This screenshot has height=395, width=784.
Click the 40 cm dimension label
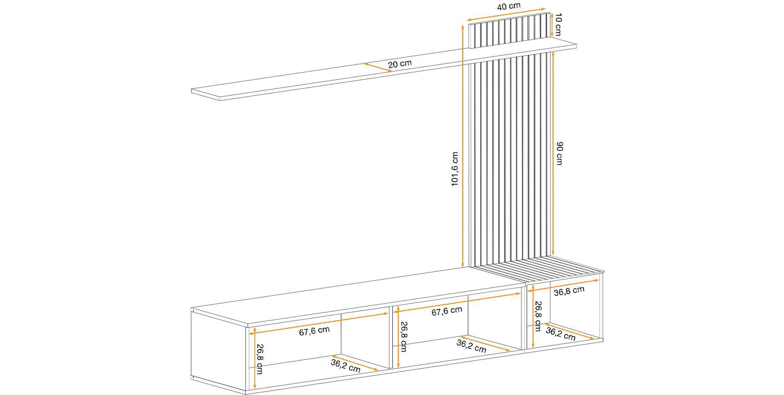click(x=509, y=6)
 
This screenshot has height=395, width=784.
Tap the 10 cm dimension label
click(x=558, y=24)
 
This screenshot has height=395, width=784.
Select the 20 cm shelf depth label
click(x=400, y=64)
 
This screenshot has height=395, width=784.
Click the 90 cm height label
click(x=559, y=154)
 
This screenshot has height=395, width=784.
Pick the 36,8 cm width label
click(x=569, y=291)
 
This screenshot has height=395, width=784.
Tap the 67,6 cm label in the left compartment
click(x=314, y=331)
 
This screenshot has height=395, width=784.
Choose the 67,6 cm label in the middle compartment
click(x=447, y=311)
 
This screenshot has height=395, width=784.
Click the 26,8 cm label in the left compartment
click(x=260, y=359)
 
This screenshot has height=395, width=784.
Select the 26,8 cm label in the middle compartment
click(x=403, y=336)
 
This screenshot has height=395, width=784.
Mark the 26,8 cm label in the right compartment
click(x=538, y=316)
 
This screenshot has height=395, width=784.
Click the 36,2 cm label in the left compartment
click(x=346, y=366)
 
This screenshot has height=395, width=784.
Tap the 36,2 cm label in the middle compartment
click(x=471, y=346)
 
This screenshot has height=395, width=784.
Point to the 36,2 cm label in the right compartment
click(x=561, y=334)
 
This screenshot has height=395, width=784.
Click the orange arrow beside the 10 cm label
click(x=553, y=24)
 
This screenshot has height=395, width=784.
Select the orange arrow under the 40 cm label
click(x=506, y=14)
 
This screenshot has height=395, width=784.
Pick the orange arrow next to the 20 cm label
click(x=378, y=67)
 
